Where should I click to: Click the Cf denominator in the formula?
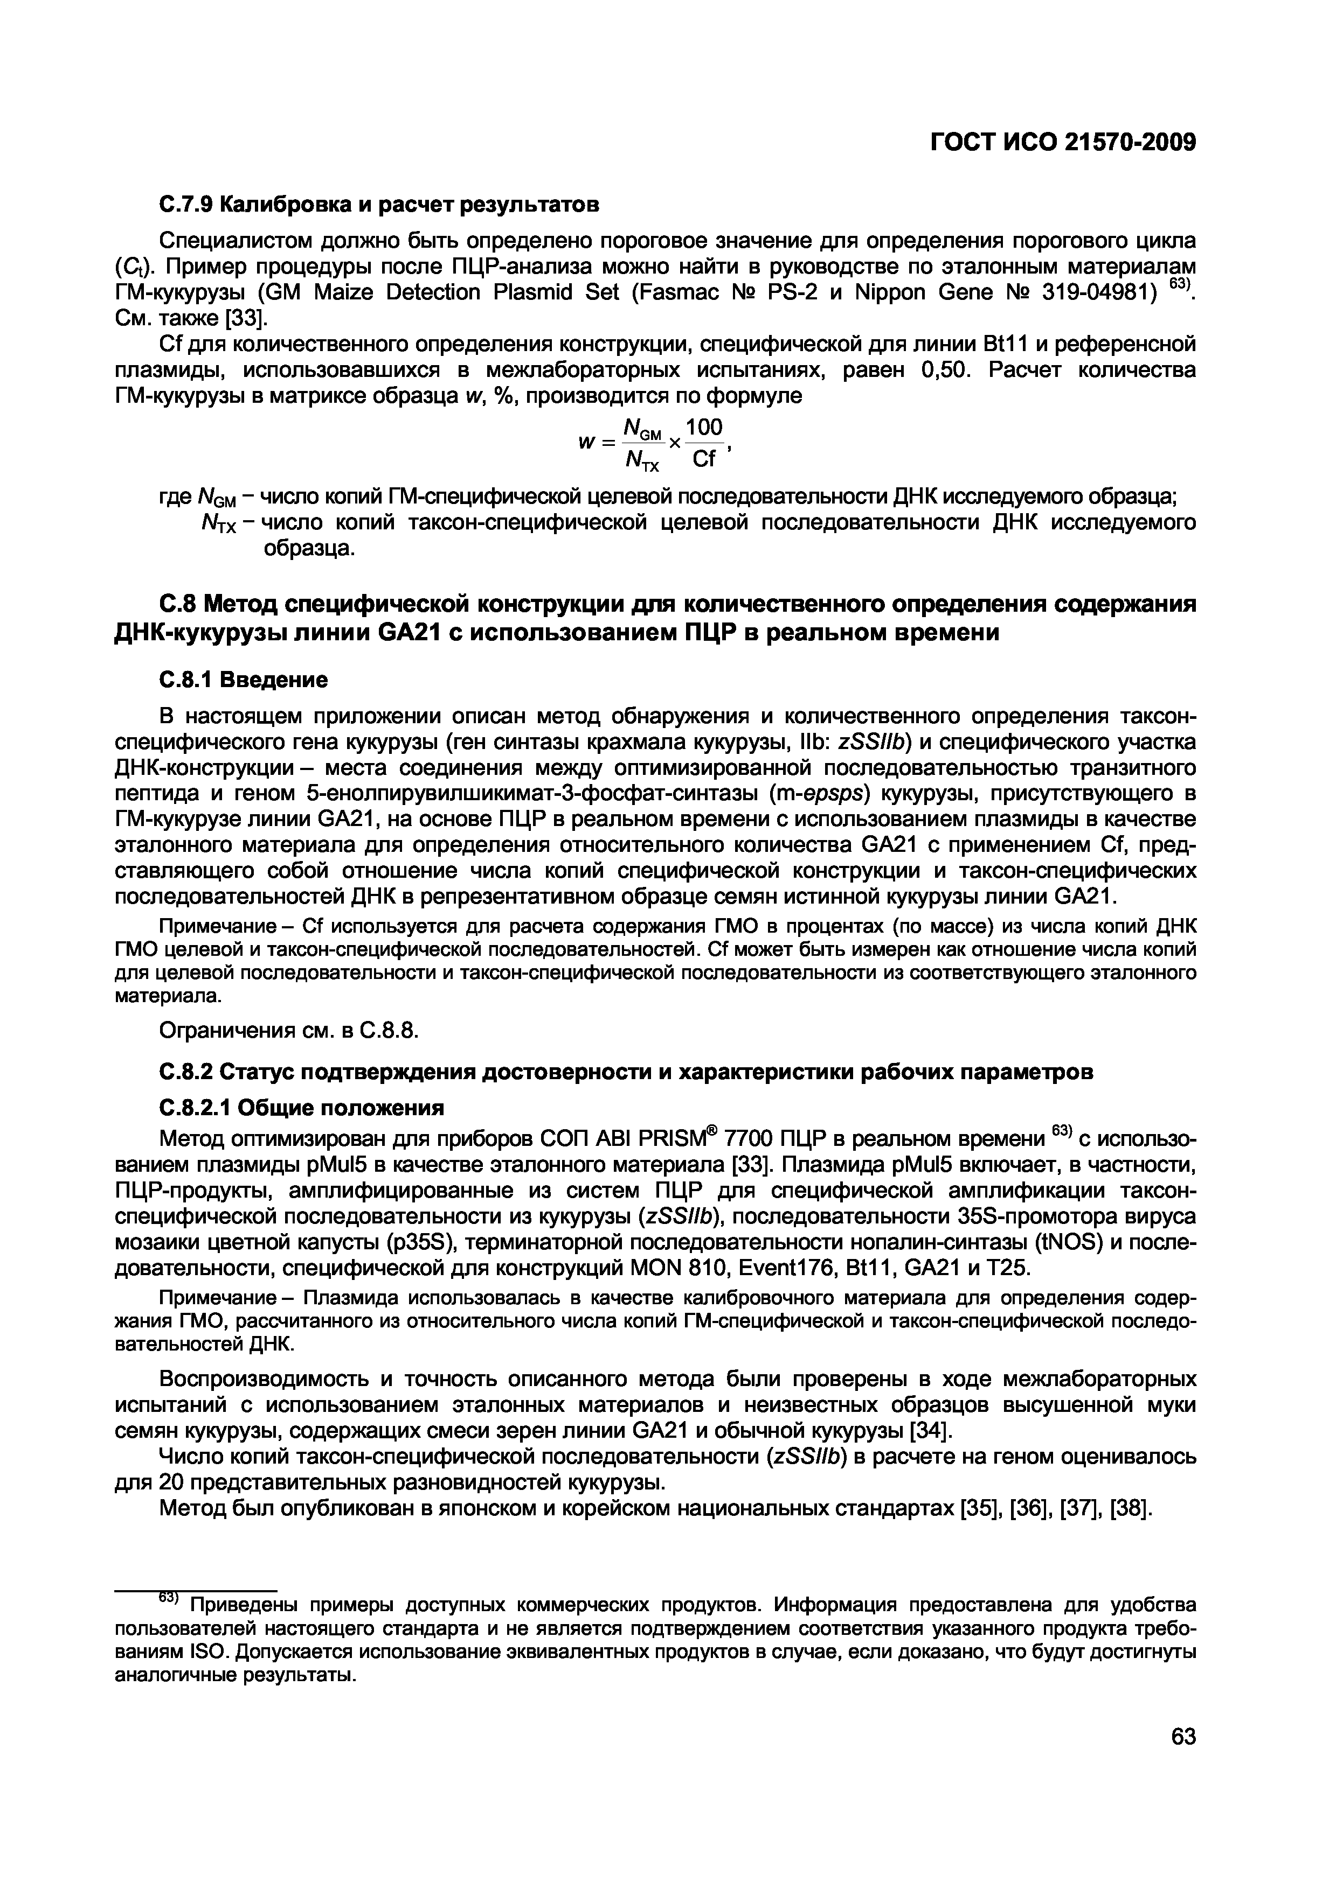(704, 459)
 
